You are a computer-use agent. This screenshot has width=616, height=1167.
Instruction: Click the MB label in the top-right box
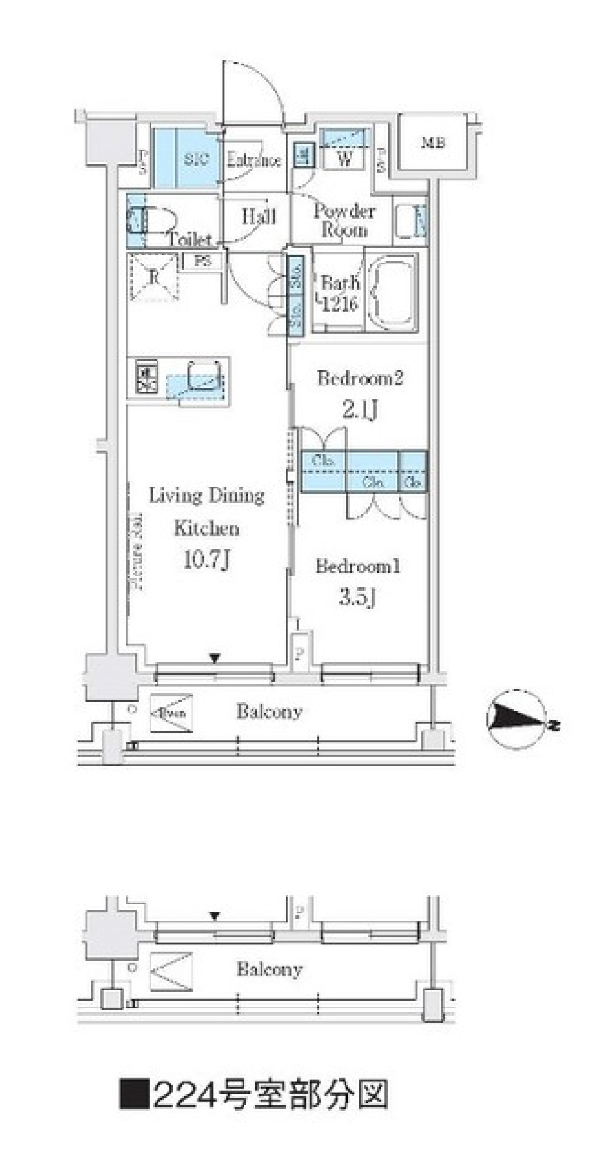tap(433, 143)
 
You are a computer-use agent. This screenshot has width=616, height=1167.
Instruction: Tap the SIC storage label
tap(196, 159)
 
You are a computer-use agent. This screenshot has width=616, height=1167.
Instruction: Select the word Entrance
tap(254, 160)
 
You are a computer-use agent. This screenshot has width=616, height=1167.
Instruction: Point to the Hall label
tap(259, 216)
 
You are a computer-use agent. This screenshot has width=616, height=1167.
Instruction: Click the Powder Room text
tap(345, 220)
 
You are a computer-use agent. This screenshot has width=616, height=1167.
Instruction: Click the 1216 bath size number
tap(339, 304)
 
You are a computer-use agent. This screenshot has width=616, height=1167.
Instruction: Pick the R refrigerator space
tap(154, 277)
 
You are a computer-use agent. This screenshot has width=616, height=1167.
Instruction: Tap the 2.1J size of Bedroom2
tap(359, 409)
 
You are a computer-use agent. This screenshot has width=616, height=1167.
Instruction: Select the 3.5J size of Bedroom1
tap(357, 598)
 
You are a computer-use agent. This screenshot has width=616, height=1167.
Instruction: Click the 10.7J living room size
tap(207, 560)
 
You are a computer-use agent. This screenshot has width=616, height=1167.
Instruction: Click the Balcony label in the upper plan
tap(269, 711)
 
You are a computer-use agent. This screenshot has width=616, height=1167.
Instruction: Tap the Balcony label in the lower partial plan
tap(269, 969)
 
